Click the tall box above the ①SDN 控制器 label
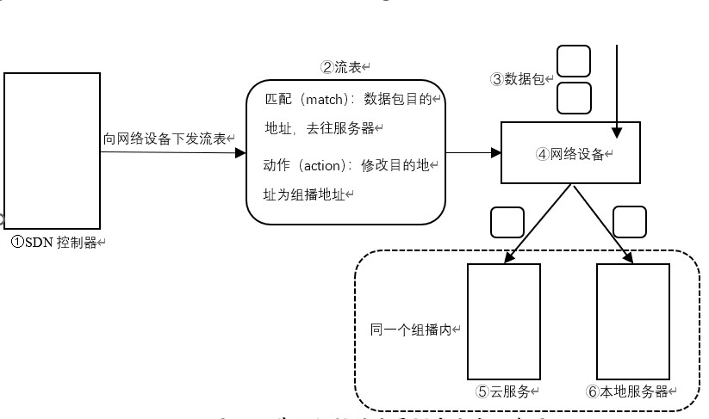[x=52, y=151]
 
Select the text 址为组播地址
[x=303, y=194]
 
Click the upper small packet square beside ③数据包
[x=574, y=61]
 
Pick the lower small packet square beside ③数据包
[x=574, y=97]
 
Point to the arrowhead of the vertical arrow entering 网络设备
[x=617, y=132]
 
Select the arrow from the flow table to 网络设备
[x=472, y=152]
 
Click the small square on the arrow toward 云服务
[x=507, y=222]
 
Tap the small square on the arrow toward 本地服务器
[x=629, y=222]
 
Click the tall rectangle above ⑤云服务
[x=503, y=321]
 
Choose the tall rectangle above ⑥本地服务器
[x=633, y=321]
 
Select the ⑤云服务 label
[x=506, y=391]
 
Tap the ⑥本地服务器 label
[x=628, y=391]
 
